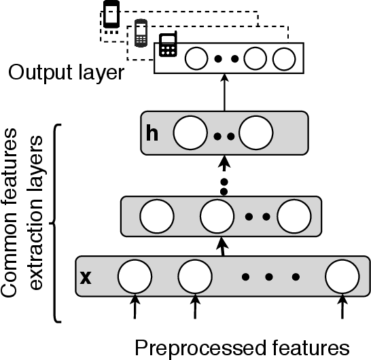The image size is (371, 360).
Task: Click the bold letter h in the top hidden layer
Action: pos(152,132)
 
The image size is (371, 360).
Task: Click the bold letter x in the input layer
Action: pos(86,277)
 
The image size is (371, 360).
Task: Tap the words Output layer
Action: pos(66,73)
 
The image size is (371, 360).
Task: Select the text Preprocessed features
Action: pos(242,347)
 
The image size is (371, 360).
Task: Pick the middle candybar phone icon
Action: pos(141,33)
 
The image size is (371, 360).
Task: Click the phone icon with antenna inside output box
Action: pos(167,46)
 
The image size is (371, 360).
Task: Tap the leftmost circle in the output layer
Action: pos(197,58)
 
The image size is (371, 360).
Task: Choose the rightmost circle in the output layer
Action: pos(282,59)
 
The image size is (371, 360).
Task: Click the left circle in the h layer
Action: pos(189,133)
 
